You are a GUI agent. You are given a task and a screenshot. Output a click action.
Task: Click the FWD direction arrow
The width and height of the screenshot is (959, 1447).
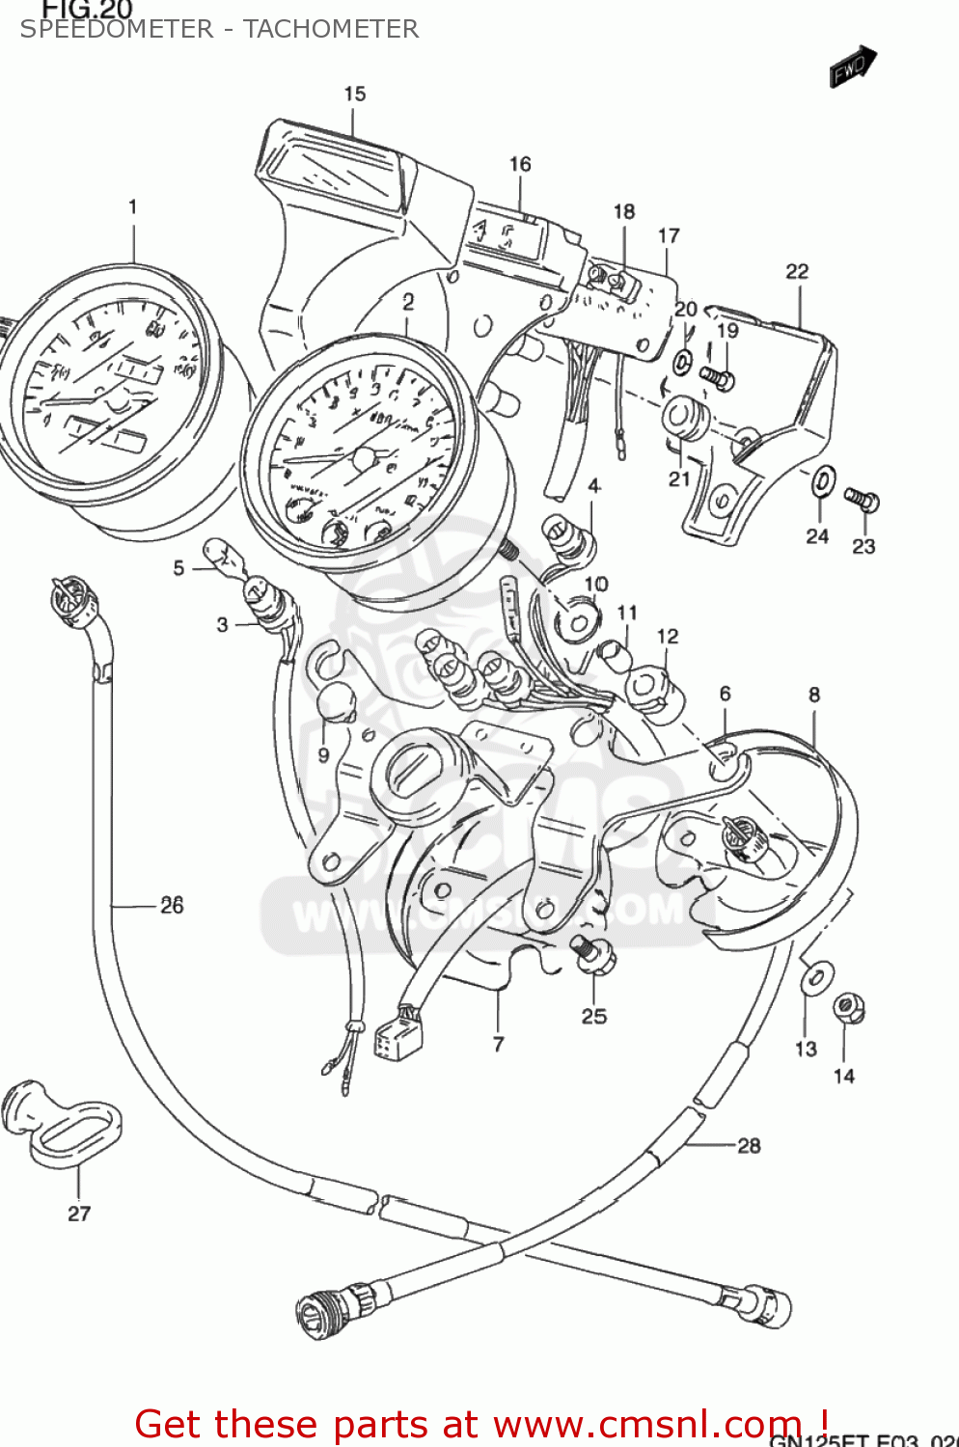pos(853,67)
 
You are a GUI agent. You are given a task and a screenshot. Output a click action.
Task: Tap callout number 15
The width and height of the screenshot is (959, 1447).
pos(355,94)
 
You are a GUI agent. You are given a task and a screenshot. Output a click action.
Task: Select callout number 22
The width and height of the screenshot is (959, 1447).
pos(797,271)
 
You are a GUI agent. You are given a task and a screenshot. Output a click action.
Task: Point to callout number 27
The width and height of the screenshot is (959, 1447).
pos(79,1214)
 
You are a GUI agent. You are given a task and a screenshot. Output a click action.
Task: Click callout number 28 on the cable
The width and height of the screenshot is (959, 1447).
pos(749,1145)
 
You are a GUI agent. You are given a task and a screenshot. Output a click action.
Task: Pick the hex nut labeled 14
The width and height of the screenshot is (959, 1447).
pos(848,1009)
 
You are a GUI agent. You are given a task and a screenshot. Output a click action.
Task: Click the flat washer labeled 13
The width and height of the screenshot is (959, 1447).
pos(816,976)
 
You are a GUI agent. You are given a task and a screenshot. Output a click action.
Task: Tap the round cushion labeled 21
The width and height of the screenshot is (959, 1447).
pos(684,418)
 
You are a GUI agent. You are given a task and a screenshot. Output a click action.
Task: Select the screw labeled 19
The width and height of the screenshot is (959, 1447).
pos(717,378)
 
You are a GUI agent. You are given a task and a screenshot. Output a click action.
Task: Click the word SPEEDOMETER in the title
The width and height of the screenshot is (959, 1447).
pos(117,29)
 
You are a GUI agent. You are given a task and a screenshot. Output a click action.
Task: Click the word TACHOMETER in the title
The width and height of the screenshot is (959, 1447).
pos(331,29)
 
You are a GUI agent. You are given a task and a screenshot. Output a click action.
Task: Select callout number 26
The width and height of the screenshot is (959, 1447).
pos(172,905)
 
